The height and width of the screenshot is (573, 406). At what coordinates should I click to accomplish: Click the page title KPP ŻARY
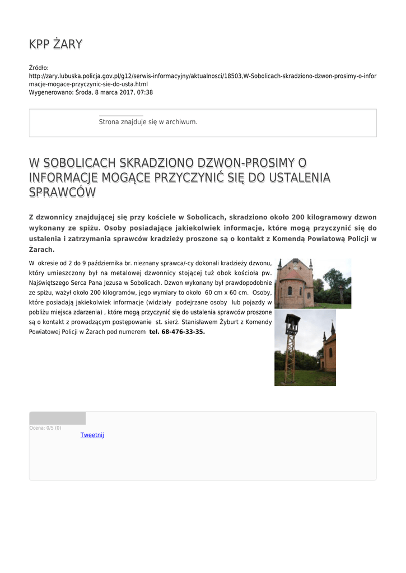pos(55,44)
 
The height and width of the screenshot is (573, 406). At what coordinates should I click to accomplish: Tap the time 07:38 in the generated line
pos(145,92)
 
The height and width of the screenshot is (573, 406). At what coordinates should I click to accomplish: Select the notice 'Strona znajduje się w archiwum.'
pos(148,122)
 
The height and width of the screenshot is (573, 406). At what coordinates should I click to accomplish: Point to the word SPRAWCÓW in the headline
pos(62,192)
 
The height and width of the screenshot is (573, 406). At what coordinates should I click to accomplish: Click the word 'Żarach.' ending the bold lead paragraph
pos(41,250)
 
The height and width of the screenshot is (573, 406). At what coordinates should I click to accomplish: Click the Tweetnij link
pos(92,435)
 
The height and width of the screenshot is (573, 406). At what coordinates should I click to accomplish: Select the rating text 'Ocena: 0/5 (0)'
pos(45,428)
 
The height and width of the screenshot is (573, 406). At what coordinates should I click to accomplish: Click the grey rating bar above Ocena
pos(57,418)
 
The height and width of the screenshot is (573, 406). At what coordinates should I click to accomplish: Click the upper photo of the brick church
pos(312,284)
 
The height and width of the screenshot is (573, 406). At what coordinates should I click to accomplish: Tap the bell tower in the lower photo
pos(292,347)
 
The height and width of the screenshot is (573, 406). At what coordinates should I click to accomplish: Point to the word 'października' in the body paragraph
pos(104,263)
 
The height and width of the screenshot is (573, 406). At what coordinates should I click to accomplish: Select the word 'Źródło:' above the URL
pos(39,68)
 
